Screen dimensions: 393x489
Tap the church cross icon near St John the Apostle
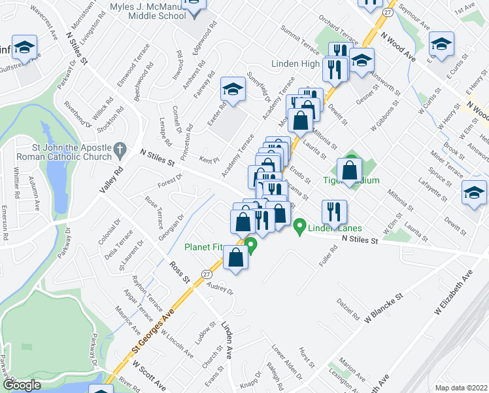120,151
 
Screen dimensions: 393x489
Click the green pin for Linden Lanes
300,227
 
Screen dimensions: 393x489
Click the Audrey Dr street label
220,288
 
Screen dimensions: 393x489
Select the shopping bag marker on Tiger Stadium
350,172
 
